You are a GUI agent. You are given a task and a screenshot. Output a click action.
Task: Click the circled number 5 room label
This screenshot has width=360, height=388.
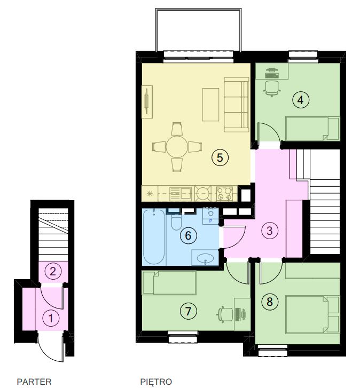220,157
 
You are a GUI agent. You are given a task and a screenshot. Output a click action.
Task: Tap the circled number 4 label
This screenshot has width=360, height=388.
301,100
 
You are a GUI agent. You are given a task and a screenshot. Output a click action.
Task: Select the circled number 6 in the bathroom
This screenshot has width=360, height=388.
188,235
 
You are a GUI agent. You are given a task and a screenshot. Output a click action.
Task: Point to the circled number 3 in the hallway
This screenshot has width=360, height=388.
269,231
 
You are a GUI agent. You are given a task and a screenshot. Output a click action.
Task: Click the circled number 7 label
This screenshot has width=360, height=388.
188,311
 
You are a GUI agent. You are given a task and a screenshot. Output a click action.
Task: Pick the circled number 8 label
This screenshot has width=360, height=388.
269,302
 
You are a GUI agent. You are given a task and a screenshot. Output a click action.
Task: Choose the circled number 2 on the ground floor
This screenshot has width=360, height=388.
53,272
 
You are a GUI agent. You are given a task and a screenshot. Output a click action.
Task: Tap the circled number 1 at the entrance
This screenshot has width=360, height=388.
51,318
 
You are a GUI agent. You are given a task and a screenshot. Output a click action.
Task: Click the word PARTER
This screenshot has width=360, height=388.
34,382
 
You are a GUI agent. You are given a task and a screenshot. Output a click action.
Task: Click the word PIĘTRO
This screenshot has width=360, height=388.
156,382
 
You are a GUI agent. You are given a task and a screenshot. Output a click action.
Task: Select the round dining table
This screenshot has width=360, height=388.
177,147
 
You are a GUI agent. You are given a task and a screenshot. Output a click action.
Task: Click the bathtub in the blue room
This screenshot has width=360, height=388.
154,237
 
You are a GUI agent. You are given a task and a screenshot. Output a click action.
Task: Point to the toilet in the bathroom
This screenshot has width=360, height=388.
176,221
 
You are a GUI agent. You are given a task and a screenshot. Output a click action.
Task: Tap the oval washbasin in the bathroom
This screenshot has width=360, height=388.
205,259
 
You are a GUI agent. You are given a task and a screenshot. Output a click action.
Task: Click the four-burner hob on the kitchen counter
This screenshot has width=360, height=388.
224,194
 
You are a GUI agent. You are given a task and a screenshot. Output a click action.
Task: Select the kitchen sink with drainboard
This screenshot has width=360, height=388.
181,194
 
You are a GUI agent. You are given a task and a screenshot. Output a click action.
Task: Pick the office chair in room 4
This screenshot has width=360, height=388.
272,89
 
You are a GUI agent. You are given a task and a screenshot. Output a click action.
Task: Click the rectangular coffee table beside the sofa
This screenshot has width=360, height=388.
210,105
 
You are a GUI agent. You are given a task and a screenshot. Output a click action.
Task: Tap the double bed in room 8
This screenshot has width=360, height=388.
312,314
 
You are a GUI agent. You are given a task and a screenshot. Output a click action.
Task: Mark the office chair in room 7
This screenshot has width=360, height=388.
225,314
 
